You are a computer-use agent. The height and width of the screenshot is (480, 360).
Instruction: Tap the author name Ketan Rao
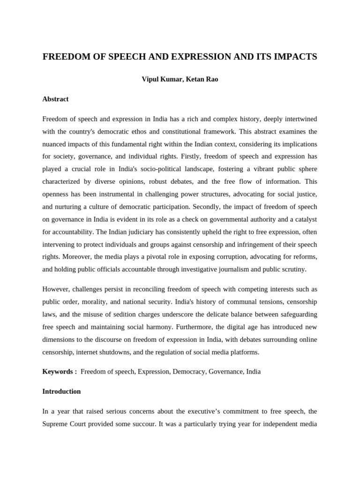point(202,79)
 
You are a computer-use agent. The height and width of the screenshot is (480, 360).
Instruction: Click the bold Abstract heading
point(55,99)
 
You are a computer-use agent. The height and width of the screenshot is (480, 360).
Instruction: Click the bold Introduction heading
point(61,391)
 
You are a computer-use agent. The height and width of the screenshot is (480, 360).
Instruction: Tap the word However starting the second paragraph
point(57,289)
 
